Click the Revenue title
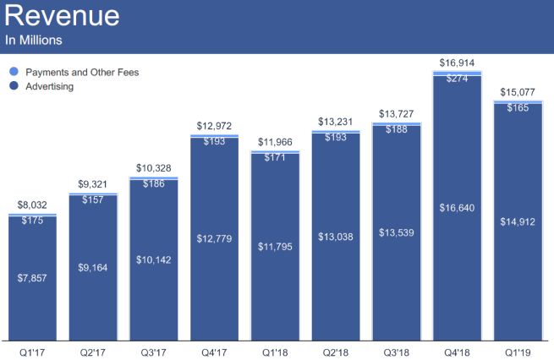click(x=62, y=16)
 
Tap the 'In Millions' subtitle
click(x=35, y=40)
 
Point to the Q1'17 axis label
click(x=32, y=347)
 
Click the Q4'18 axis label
click(x=458, y=347)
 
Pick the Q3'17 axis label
click(x=154, y=347)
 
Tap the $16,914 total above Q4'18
click(x=458, y=63)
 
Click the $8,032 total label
click(x=33, y=205)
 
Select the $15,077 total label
click(x=518, y=93)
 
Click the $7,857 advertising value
click(x=33, y=276)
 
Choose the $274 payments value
click(x=458, y=79)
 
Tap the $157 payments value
click(x=94, y=201)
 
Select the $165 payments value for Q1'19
click(x=518, y=108)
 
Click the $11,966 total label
click(x=276, y=141)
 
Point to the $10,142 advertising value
click(x=154, y=259)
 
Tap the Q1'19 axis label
click(x=518, y=347)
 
